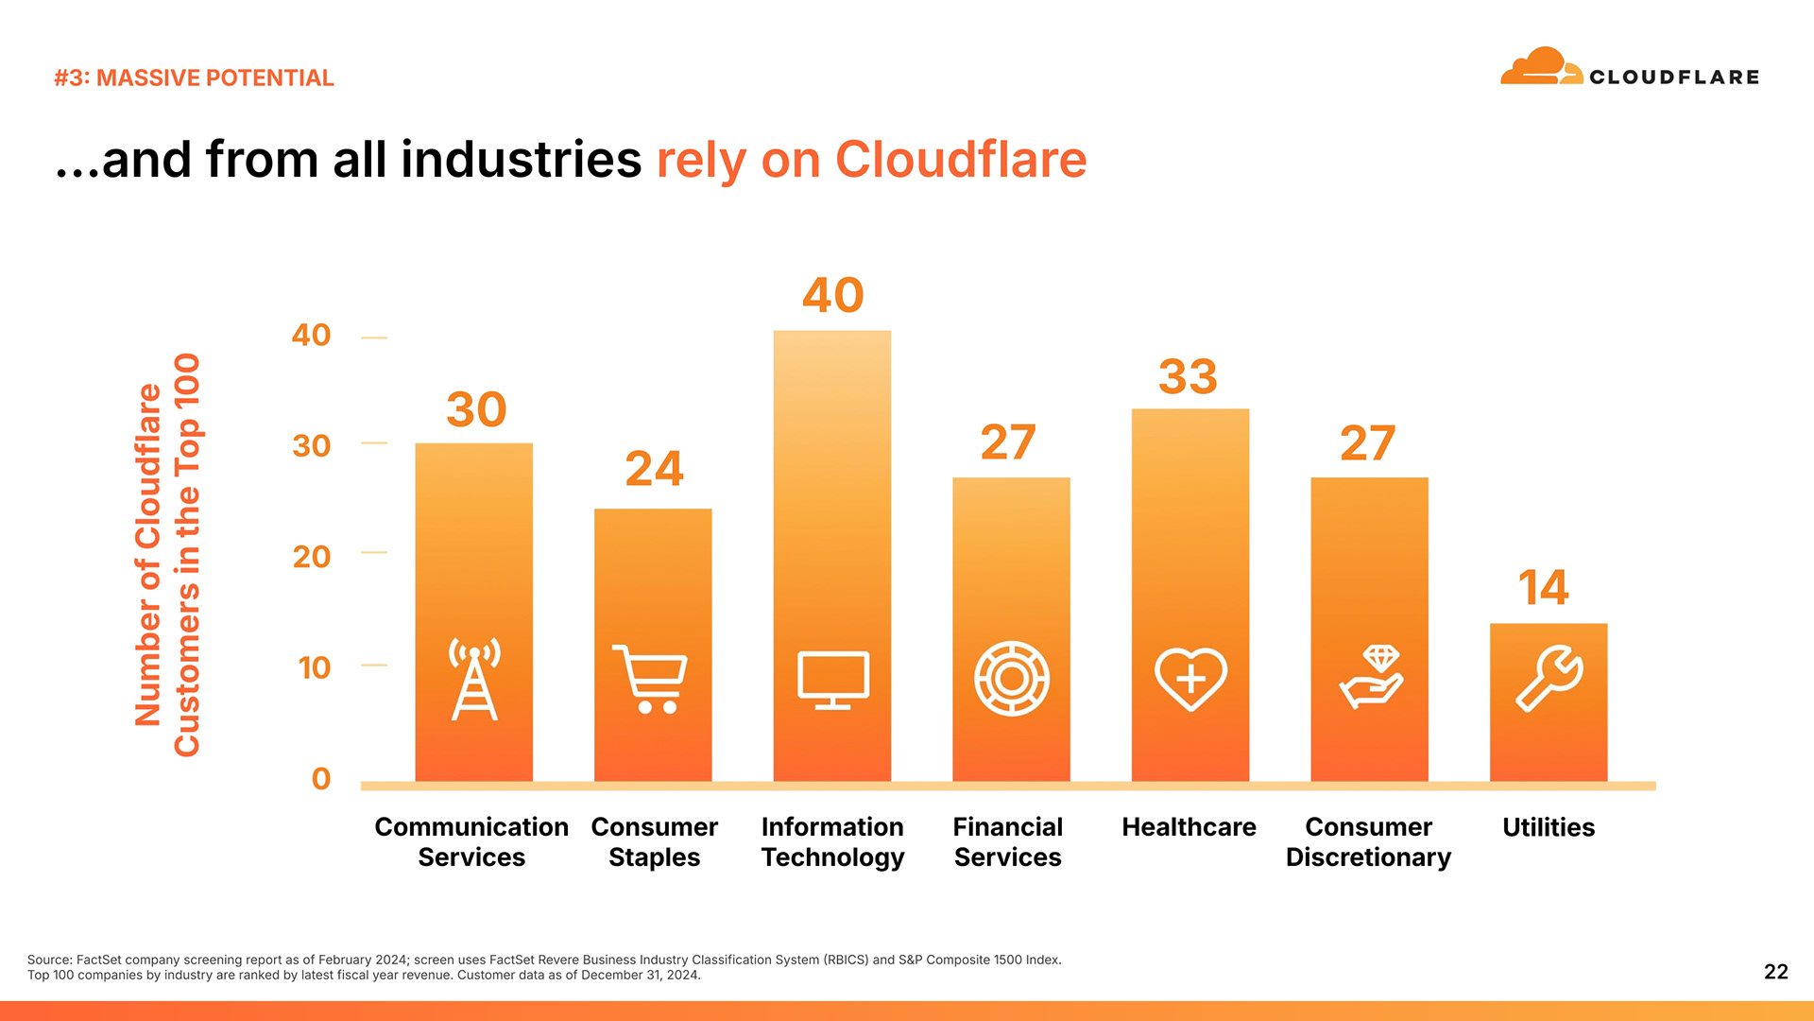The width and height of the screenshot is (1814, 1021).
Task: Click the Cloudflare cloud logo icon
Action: [x=1541, y=67]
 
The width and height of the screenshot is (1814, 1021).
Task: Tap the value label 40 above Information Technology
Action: [x=832, y=295]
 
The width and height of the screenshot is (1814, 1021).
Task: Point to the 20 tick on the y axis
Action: [x=312, y=557]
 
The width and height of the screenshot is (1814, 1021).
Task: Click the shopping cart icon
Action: [x=650, y=679]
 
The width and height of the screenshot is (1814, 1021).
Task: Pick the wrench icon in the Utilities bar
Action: [x=1549, y=678]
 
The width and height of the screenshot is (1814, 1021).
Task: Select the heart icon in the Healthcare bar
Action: [x=1190, y=678]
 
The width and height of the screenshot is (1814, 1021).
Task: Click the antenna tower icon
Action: [x=474, y=679]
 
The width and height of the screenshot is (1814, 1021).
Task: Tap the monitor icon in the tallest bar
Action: [x=832, y=679]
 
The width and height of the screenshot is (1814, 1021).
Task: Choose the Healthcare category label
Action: [x=1189, y=827]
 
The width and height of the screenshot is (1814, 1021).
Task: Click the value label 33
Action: [x=1188, y=377]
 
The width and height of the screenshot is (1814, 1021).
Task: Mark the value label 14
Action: [x=1543, y=588]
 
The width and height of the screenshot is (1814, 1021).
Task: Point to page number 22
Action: [x=1775, y=972]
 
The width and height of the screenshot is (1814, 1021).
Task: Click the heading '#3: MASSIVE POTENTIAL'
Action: [x=194, y=78]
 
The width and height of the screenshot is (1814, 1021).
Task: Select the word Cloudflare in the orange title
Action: [x=961, y=160]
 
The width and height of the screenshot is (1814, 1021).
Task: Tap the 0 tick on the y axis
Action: [x=321, y=779]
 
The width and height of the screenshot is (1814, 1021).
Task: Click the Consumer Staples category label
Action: [x=654, y=841]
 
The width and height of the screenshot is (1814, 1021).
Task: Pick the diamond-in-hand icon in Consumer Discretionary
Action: [x=1371, y=678]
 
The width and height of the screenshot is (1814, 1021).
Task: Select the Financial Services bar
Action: [x=1011, y=629]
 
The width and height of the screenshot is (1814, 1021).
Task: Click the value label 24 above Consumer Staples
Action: [x=654, y=469]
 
